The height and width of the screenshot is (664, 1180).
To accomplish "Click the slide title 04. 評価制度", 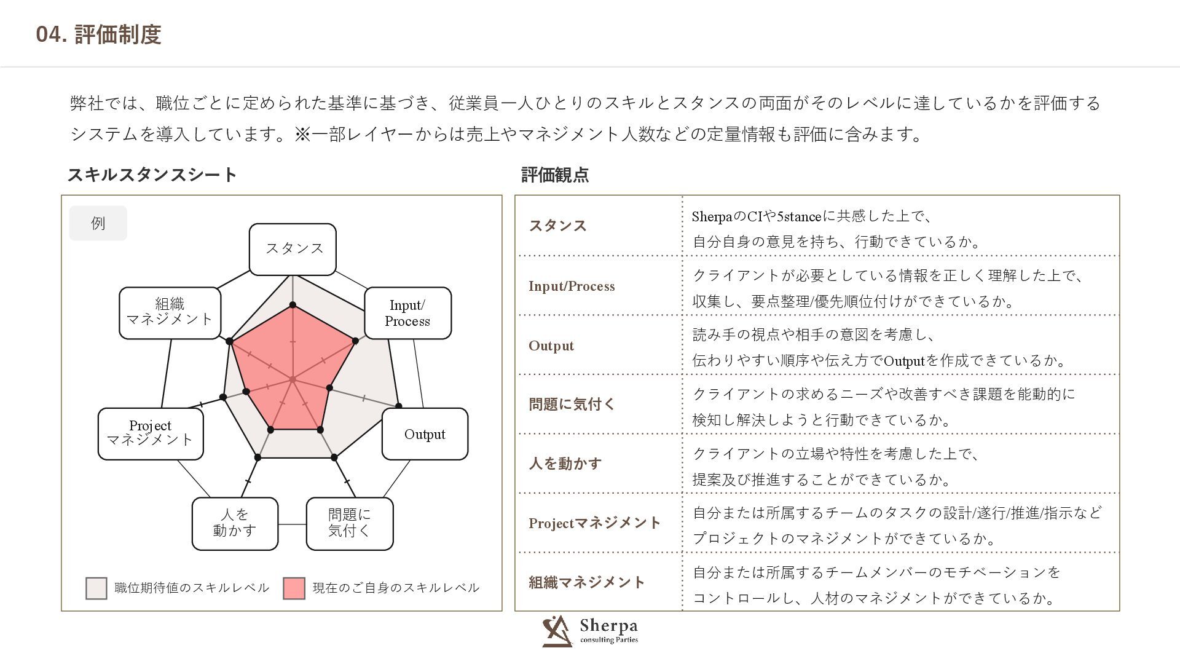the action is coord(98,34).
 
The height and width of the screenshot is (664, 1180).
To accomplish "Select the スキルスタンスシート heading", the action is coord(152,175).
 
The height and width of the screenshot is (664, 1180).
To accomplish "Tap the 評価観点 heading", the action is coord(554,175).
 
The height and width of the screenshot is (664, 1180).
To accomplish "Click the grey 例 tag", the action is coord(98,223).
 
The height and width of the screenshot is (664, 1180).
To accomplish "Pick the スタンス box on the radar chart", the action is coord(293,249).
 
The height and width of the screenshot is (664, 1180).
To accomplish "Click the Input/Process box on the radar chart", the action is coord(407,313).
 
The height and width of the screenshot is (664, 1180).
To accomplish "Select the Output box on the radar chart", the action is coord(425,434).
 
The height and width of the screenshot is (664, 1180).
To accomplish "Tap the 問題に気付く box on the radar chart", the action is coord(349,523).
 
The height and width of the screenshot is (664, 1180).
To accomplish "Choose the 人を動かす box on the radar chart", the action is coord(235,523).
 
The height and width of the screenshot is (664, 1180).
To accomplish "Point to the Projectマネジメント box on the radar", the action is coord(151,433).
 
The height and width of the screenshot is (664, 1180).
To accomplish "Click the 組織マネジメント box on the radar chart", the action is coord(170,312).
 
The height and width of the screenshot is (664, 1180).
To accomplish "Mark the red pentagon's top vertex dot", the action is coord(293,305).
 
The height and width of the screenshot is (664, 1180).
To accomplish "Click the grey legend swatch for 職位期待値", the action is coord(96,588).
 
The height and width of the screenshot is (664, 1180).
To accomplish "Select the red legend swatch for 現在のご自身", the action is coord(294,588).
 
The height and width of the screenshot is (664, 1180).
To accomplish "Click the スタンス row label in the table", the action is coord(557,226).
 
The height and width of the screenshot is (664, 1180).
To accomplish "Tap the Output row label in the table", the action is coord(551,346).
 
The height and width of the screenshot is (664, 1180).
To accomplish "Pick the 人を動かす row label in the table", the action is coord(565,464).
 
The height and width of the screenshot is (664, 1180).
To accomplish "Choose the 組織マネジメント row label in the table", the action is coord(586,582).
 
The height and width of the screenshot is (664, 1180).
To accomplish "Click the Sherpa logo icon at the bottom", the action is coord(557,631).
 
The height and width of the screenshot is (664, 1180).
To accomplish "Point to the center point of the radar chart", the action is coord(293,379).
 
